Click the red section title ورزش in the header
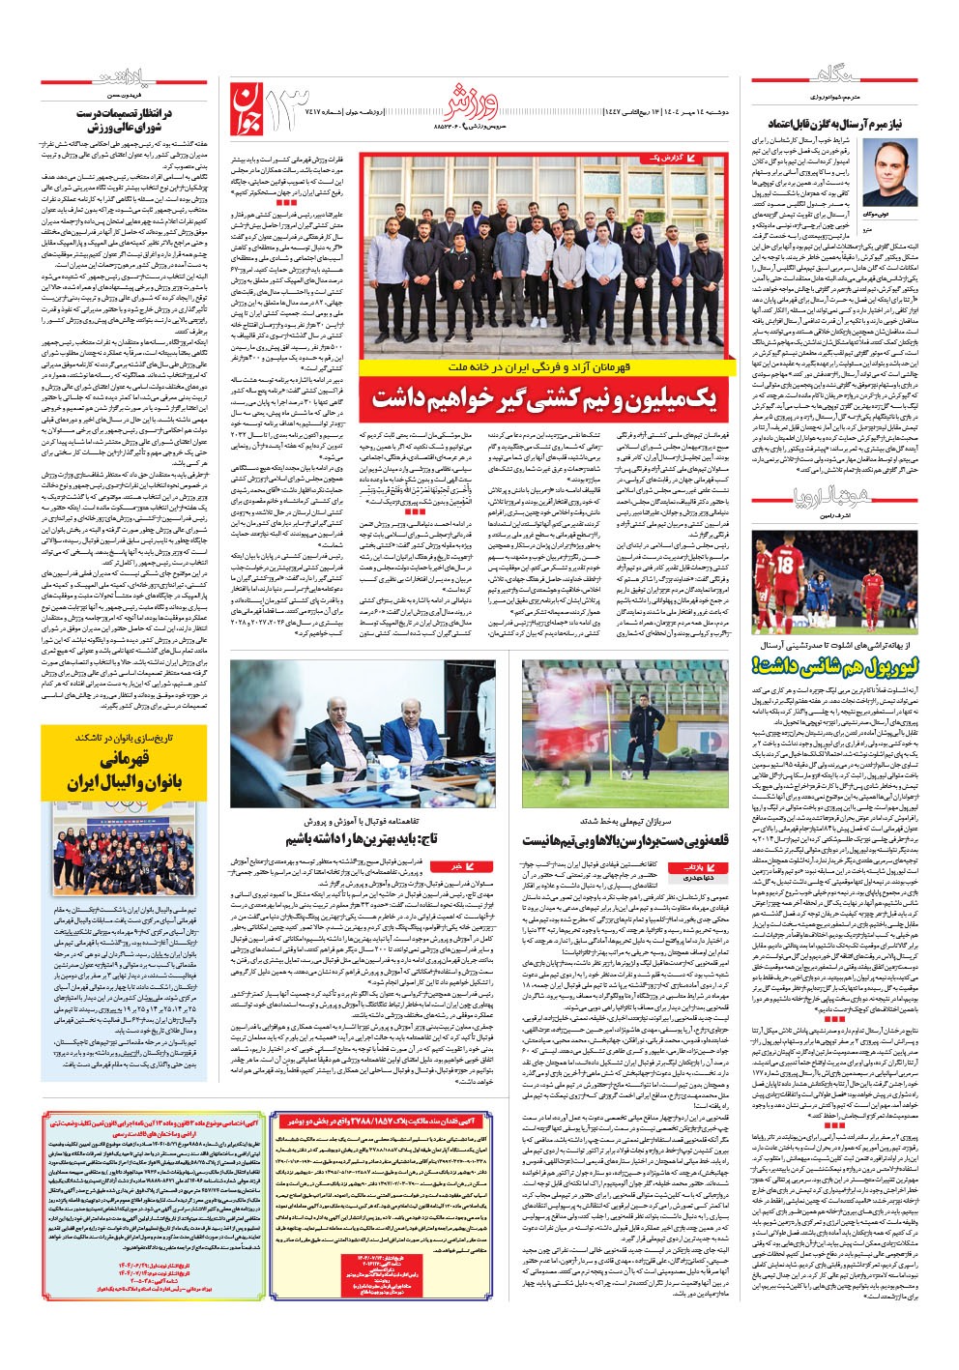coord(475,98)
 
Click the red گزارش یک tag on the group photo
coord(683,158)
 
